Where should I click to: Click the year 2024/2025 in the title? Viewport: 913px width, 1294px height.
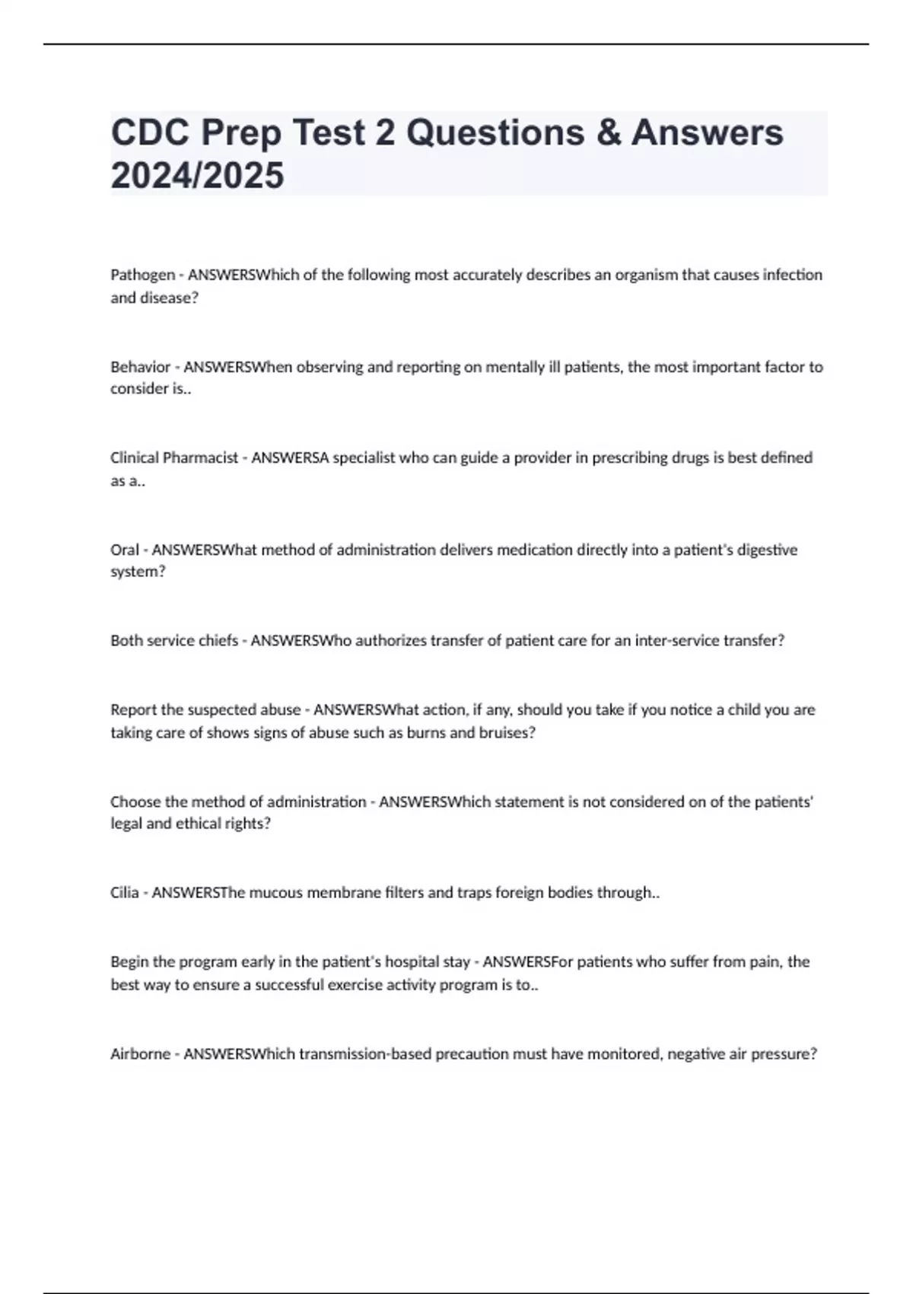(x=197, y=175)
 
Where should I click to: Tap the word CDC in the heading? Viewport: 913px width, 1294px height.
(x=150, y=132)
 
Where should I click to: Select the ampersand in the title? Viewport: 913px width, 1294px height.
(x=608, y=132)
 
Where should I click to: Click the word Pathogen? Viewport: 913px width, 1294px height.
(x=142, y=275)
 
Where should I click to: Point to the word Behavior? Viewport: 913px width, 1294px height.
(x=140, y=367)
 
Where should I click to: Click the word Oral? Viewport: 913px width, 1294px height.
(x=125, y=550)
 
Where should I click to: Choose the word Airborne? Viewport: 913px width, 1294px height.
(x=140, y=1054)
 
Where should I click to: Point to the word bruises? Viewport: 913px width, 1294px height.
(x=506, y=733)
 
